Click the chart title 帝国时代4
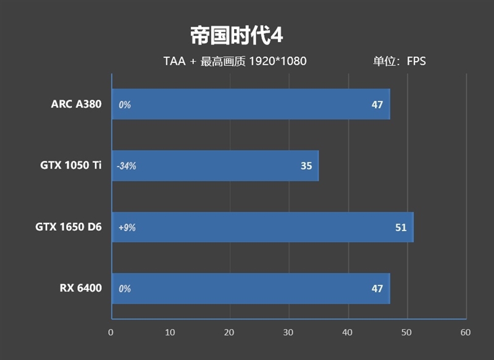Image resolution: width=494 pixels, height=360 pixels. pyautogui.click(x=237, y=35)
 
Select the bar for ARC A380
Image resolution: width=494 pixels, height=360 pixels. pyautogui.click(x=250, y=104)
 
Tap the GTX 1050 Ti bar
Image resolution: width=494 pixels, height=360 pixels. pyautogui.click(x=215, y=165)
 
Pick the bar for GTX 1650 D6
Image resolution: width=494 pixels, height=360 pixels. pyautogui.click(x=262, y=227)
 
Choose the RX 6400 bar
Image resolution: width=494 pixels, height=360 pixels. pyautogui.click(x=250, y=288)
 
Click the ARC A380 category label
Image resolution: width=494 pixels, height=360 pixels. pyautogui.click(x=76, y=104)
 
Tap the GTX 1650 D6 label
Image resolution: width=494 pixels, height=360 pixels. pyautogui.click(x=69, y=227)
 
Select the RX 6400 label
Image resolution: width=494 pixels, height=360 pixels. pyautogui.click(x=81, y=288)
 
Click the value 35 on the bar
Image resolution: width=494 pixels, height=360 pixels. pyautogui.click(x=306, y=165)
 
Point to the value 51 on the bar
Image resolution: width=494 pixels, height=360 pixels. pyautogui.click(x=401, y=227)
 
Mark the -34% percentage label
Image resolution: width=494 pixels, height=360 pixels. pyautogui.click(x=127, y=165)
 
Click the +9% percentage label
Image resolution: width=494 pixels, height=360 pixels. pyautogui.click(x=127, y=227)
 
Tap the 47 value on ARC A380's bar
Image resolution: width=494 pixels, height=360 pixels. pyautogui.click(x=377, y=104)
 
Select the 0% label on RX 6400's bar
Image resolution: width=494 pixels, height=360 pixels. pyautogui.click(x=125, y=288)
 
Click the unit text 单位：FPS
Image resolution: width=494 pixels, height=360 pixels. pyautogui.click(x=399, y=61)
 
